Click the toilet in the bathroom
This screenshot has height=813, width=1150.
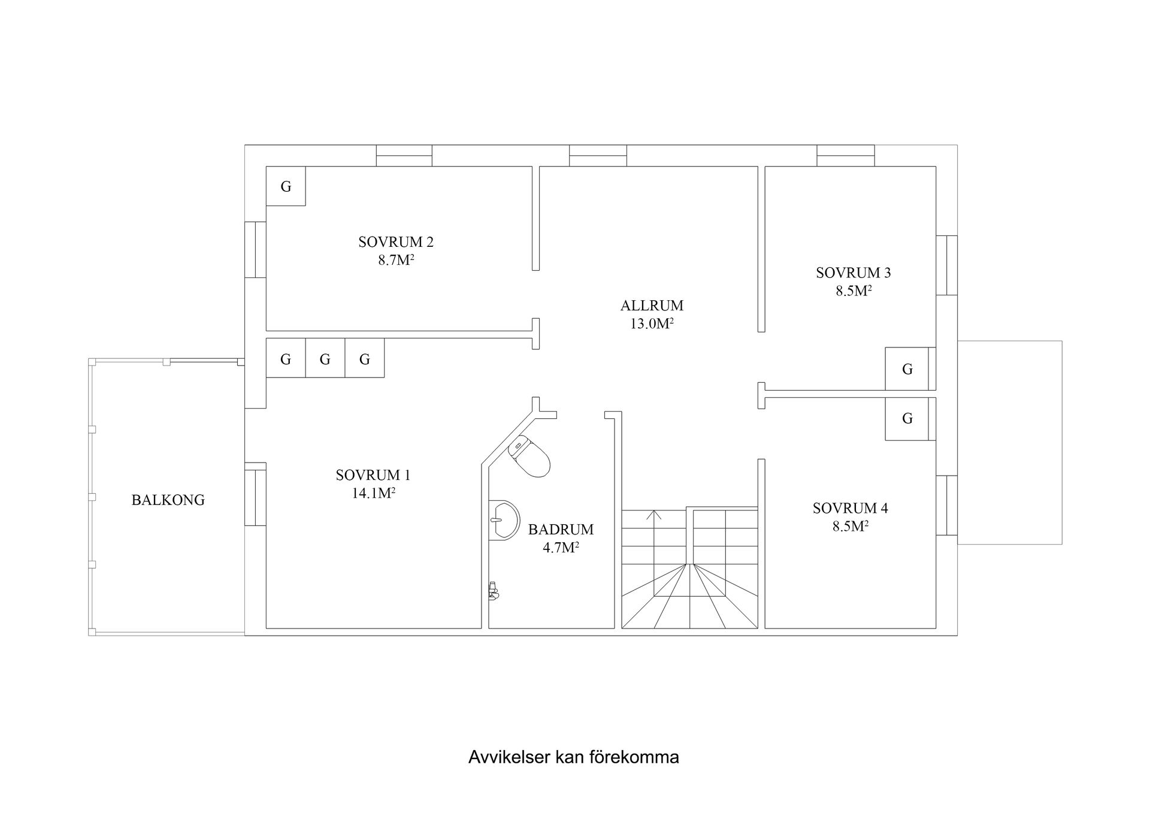[x=529, y=456]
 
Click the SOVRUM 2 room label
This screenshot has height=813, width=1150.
[x=396, y=242]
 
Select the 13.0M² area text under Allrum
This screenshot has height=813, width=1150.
[x=652, y=324]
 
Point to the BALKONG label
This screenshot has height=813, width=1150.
[x=168, y=500]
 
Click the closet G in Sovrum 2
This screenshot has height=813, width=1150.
[x=286, y=186]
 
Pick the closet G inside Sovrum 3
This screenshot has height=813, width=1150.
[x=907, y=369]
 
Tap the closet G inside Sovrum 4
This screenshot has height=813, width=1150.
[x=907, y=418]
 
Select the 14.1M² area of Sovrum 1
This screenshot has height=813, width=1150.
[x=374, y=493]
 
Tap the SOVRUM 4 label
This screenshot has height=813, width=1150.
[x=851, y=509]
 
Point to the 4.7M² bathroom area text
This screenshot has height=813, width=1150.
[x=561, y=548]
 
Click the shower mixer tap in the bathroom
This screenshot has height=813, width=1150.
[x=494, y=591]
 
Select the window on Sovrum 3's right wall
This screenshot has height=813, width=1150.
[x=946, y=265]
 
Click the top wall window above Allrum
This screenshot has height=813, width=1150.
[x=598, y=156]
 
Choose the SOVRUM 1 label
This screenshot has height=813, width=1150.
[x=373, y=475]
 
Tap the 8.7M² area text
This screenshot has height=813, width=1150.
[x=396, y=260]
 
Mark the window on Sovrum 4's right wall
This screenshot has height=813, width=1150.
[x=946, y=505]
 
